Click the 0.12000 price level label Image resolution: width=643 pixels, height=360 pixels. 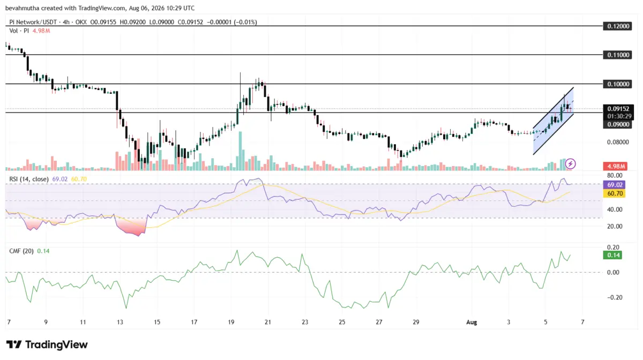pyautogui.click(x=617, y=26)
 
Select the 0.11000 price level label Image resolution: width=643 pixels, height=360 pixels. pyautogui.click(x=617, y=55)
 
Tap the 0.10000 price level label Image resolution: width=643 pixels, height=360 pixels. pyautogui.click(x=617, y=84)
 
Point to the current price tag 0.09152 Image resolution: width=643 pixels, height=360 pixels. pyautogui.click(x=618, y=109)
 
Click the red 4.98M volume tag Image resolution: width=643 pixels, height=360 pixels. pyautogui.click(x=615, y=166)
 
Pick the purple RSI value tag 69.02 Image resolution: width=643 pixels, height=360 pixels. pyautogui.click(x=614, y=185)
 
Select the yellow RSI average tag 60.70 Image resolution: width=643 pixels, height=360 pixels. pyautogui.click(x=614, y=193)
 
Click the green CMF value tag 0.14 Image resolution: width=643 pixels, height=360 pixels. pyautogui.click(x=612, y=255)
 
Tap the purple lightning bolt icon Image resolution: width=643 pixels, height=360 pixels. pyautogui.click(x=570, y=164)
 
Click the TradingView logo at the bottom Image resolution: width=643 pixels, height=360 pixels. pyautogui.click(x=47, y=344)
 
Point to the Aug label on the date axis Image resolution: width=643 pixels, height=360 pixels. pyautogui.click(x=472, y=322)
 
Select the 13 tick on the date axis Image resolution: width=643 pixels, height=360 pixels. pyautogui.click(x=120, y=322)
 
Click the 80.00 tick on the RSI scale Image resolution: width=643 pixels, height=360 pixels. pyautogui.click(x=615, y=175)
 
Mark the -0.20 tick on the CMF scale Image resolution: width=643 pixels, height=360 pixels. pyautogui.click(x=614, y=297)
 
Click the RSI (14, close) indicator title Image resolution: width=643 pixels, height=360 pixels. pyautogui.click(x=29, y=179)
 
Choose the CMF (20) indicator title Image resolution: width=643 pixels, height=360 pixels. pyautogui.click(x=21, y=251)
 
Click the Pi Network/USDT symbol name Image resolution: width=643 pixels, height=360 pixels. pyautogui.click(x=33, y=22)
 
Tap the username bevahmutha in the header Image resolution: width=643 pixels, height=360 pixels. pyautogui.click(x=22, y=8)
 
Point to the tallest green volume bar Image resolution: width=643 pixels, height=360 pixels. pyautogui.click(x=240, y=151)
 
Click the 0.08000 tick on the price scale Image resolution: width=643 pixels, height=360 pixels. pyautogui.click(x=618, y=142)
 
